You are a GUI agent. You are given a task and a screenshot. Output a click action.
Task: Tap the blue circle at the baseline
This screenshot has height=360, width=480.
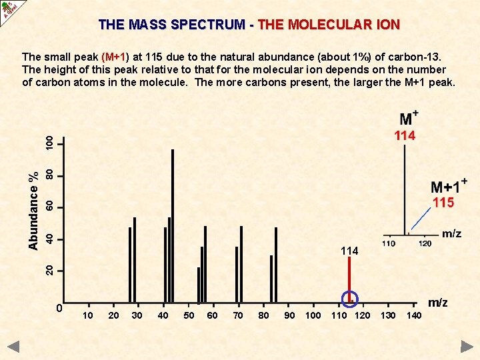[350, 299]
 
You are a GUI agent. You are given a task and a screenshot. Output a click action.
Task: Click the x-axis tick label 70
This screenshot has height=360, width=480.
[238, 315]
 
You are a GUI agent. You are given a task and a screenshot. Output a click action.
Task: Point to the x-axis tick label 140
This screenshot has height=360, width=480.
[414, 315]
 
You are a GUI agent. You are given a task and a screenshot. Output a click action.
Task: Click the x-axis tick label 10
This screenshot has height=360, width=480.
[88, 315]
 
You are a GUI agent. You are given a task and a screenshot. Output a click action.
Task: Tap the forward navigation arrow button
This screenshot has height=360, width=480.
[467, 347]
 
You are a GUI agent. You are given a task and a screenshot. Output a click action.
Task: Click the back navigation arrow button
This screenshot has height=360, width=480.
[13, 347]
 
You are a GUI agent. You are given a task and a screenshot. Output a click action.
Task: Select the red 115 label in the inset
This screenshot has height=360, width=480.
[443, 203]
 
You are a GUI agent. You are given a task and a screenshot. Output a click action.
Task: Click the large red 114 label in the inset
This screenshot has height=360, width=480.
[405, 136]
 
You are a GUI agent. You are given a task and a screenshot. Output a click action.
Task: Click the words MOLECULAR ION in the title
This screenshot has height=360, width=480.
[329, 25]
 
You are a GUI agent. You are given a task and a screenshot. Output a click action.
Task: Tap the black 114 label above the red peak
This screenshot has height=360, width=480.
[349, 251]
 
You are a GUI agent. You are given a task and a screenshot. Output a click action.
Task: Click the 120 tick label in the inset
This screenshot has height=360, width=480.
[425, 244]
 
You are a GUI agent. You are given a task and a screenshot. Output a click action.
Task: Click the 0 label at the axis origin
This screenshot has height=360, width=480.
[59, 308]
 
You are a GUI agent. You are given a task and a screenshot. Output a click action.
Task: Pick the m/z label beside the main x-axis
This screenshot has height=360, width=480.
[437, 303]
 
